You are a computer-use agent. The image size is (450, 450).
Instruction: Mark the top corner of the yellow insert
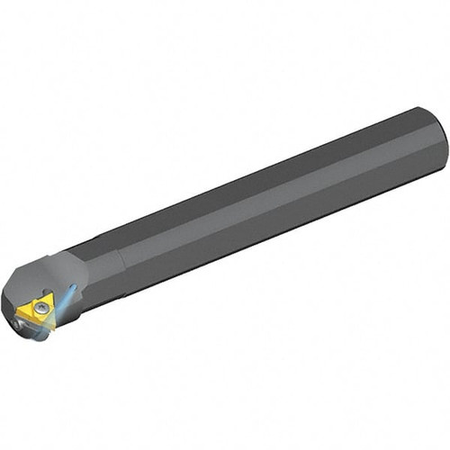coord(51,292)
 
